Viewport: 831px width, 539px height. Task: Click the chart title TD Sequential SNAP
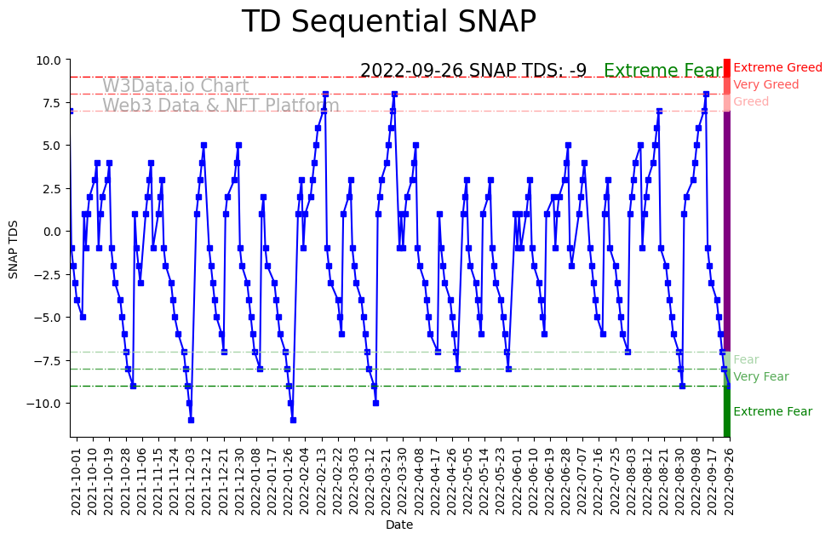tap(389, 22)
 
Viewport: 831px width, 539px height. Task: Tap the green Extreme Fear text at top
tap(662, 72)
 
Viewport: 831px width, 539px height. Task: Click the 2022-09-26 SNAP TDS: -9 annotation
tap(473, 72)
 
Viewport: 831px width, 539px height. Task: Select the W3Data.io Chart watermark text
tap(175, 87)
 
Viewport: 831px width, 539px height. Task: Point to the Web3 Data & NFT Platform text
tap(221, 106)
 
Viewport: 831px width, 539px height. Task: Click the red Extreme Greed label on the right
tap(777, 68)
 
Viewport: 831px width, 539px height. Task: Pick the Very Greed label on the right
tap(765, 85)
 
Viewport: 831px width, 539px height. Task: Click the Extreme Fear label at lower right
tap(772, 412)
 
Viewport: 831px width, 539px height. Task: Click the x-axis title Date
tap(399, 525)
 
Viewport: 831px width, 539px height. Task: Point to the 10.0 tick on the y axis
tap(48, 60)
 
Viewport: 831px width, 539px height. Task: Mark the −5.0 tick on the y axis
tap(46, 318)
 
